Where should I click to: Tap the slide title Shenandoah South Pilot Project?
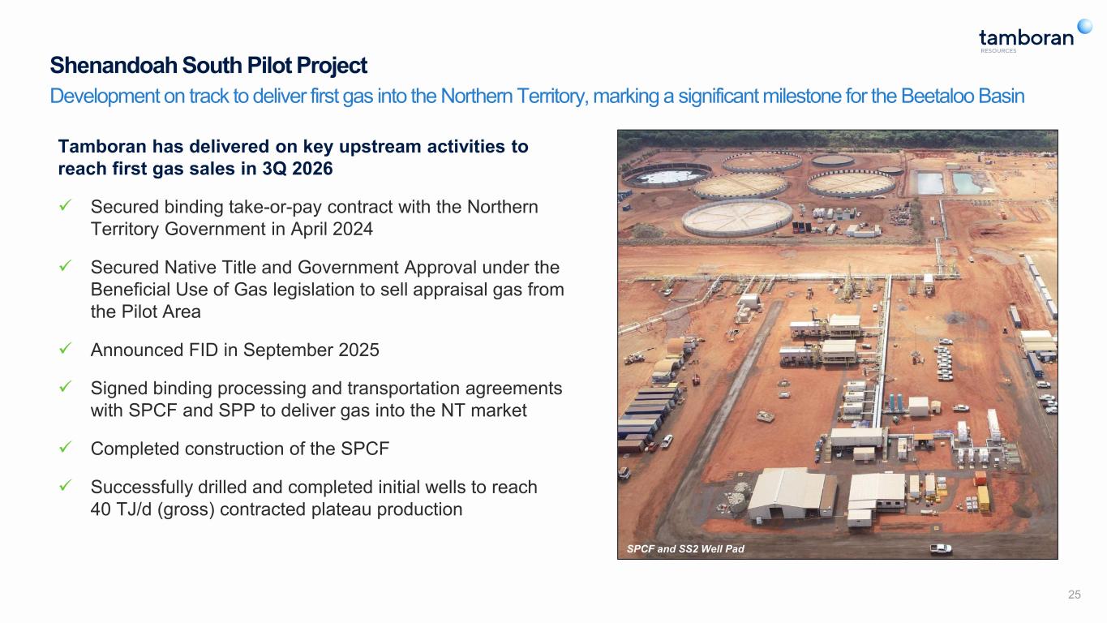(208, 65)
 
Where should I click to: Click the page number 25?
(1074, 595)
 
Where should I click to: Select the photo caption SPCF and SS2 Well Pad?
(685, 549)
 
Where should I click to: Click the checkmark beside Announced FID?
(65, 349)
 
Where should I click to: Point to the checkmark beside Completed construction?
(65, 448)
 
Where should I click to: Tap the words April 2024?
(332, 229)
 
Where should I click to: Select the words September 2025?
(311, 350)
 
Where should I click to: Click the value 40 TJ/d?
(121, 509)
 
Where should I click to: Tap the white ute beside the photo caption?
(941, 548)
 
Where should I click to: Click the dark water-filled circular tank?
(666, 174)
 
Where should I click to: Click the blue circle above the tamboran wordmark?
(1085, 26)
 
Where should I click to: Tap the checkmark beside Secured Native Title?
(65, 266)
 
